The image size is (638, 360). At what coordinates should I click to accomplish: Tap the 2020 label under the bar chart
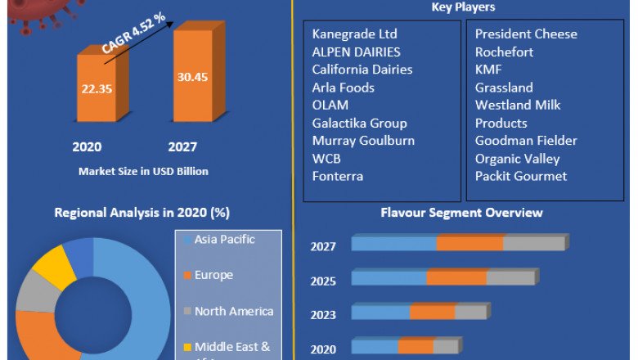(x=87, y=147)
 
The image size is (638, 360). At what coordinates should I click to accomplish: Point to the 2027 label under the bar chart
(x=183, y=147)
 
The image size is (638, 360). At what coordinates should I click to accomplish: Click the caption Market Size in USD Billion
(x=143, y=171)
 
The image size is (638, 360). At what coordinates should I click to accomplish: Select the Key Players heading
(x=463, y=7)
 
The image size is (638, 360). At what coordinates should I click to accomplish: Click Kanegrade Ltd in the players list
(x=354, y=34)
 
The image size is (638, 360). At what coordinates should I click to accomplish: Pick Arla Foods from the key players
(x=343, y=87)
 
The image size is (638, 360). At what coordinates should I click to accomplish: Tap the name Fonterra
(x=337, y=176)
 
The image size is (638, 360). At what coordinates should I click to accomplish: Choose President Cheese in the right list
(x=526, y=34)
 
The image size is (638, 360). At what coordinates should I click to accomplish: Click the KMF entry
(x=488, y=70)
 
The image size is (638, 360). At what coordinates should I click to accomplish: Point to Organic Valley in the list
(x=517, y=158)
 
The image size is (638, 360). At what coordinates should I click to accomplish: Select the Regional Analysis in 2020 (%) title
(x=142, y=213)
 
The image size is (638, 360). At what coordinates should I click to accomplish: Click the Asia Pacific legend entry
(x=224, y=240)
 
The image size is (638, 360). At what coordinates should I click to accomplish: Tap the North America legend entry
(x=233, y=311)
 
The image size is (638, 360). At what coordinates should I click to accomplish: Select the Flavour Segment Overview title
(x=461, y=213)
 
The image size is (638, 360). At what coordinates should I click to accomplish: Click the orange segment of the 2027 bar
(x=470, y=244)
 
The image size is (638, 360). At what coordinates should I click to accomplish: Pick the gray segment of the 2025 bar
(x=510, y=278)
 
